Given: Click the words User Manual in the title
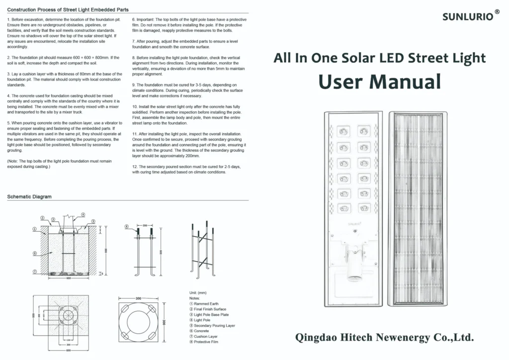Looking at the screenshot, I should coord(380,82).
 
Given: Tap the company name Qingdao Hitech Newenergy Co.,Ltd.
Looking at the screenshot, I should coord(385,338).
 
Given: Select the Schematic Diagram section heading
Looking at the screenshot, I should coord(29,197).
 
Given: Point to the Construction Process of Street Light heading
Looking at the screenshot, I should coord(68,10).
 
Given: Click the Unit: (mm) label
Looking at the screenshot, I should coord(198,292).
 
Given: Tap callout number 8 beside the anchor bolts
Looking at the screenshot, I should coord(127,226).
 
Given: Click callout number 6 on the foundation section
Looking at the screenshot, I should coord(35,253).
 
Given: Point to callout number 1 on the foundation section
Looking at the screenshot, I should coord(35,229).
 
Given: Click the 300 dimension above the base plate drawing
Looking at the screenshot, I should coord(139,298).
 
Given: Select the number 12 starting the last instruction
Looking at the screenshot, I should coord(134,167).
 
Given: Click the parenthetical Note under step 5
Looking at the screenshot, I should coord(60,164).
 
